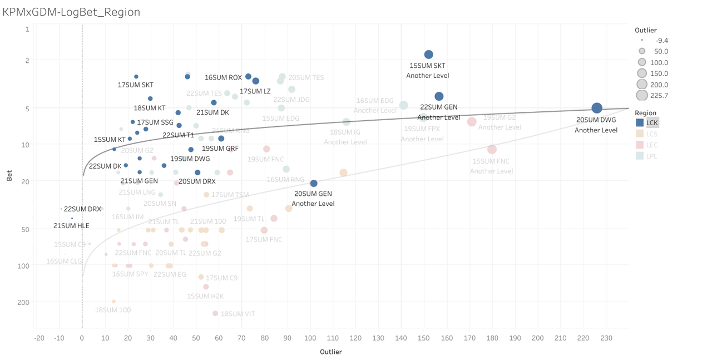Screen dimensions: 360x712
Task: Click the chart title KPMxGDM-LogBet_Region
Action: (x=72, y=12)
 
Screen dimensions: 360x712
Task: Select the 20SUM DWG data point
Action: (x=597, y=108)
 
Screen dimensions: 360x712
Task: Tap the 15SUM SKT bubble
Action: (x=429, y=55)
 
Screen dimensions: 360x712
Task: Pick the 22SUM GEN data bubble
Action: (x=439, y=97)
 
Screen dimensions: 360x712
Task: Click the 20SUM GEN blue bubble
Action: (x=314, y=184)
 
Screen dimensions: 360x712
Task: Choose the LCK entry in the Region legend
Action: (x=651, y=123)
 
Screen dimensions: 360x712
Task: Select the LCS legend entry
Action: (x=651, y=134)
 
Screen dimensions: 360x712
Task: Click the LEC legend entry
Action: (x=651, y=145)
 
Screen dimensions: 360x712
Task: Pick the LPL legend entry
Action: (x=651, y=156)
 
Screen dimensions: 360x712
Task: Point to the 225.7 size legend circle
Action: (x=642, y=96)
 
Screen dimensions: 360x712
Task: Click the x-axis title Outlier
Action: (x=331, y=352)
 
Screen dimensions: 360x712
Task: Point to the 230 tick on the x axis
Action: (x=606, y=338)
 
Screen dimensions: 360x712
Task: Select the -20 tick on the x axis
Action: (x=39, y=338)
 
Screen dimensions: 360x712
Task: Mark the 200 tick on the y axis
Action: (x=25, y=302)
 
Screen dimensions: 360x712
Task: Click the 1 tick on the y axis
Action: (x=27, y=28)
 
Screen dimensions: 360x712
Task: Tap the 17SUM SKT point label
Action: (x=135, y=85)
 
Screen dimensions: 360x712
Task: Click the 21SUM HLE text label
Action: (x=71, y=226)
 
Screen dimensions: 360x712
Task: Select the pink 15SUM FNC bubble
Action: (x=492, y=150)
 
